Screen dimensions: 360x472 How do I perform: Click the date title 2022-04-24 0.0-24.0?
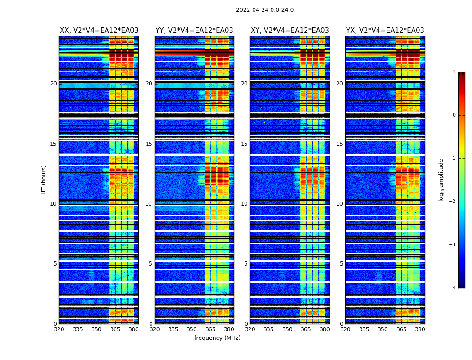pos(265,10)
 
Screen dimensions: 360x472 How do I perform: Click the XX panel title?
pos(99,31)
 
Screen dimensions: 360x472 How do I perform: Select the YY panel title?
pos(194,31)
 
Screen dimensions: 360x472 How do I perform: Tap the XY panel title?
pos(290,31)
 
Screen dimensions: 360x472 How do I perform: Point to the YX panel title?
pos(385,31)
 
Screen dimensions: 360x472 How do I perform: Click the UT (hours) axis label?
pos(44,180)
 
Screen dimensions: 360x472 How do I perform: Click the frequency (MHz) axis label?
pos(217,338)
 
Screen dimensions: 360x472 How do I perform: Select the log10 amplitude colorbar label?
pos(441,180)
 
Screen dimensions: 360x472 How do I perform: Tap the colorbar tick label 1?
pos(454,72)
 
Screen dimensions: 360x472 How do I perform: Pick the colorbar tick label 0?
pos(454,115)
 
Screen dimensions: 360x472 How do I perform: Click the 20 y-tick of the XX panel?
pos(53,84)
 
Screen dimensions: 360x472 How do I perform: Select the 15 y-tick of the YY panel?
pos(149,144)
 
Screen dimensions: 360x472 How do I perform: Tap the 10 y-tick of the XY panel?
pos(244,204)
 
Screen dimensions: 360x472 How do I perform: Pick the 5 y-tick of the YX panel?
pos(341,264)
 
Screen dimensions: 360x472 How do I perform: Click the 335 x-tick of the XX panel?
pos(78,329)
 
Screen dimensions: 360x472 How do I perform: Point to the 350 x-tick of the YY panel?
pos(192,329)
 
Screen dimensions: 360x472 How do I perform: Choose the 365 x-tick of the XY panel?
pos(306,329)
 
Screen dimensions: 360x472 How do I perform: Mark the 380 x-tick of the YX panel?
pos(420,329)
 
